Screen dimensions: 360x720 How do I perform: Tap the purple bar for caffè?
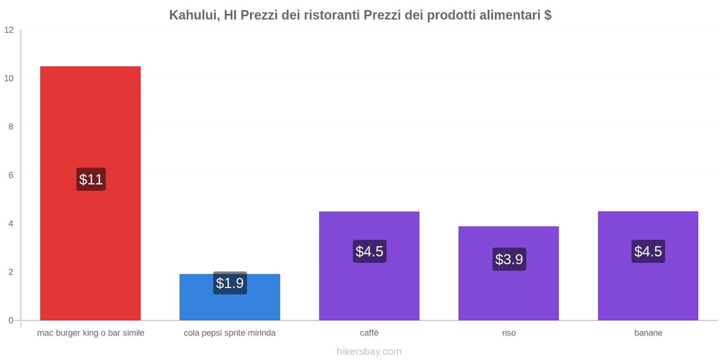coord(369,288)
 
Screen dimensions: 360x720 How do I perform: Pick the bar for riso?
coord(508,292)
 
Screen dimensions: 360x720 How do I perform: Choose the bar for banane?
coord(648,288)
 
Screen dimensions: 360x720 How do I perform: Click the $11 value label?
coord(91,180)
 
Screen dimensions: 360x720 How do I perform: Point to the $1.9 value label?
coord(230,283)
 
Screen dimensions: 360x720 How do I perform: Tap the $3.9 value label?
coord(509,259)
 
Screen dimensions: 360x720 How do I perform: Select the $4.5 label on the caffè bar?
coord(369,252)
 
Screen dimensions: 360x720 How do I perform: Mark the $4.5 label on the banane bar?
coord(648,252)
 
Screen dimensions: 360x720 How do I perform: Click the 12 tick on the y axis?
coord(9,30)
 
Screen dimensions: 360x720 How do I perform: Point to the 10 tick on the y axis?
coord(9,78)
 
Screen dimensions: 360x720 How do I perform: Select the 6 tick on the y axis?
coord(11,175)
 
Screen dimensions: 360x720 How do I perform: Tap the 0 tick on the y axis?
coord(11,320)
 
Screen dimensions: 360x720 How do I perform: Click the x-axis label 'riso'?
coord(509,333)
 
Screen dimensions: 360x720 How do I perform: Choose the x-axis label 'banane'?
coord(648,333)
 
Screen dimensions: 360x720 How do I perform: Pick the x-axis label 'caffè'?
coord(369,333)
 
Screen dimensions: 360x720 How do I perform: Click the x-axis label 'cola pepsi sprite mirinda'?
coord(229,333)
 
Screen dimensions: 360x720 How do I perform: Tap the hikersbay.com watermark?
coord(369,351)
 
